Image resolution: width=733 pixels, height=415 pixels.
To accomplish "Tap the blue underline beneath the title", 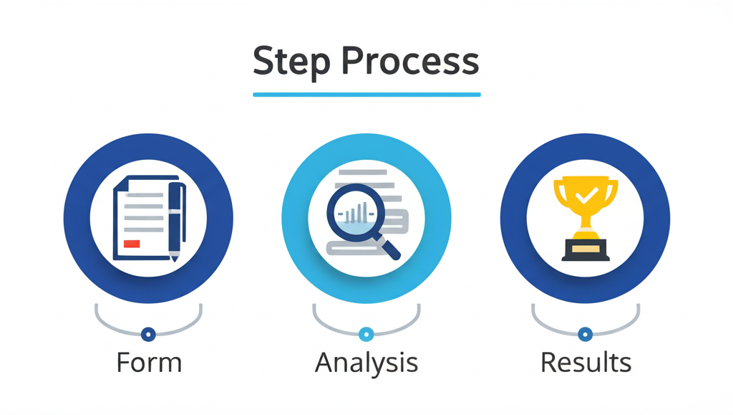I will click(x=366, y=94).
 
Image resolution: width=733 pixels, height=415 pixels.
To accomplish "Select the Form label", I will click(x=149, y=362).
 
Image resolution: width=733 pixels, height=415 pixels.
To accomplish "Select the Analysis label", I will click(x=366, y=362).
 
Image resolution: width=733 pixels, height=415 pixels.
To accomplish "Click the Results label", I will click(x=586, y=362).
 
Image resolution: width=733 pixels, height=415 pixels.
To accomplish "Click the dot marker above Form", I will click(x=148, y=334).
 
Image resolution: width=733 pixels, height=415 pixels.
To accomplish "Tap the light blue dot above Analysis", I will click(x=366, y=334).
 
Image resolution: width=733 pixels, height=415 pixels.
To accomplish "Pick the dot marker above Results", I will click(x=586, y=334).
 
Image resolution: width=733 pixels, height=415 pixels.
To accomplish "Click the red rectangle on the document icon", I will click(x=132, y=244).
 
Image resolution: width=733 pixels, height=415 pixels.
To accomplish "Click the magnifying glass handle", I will click(x=389, y=248).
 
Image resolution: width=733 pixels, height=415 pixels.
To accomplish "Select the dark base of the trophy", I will click(x=586, y=250).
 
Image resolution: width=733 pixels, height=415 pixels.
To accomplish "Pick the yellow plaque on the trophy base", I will click(x=586, y=248).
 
